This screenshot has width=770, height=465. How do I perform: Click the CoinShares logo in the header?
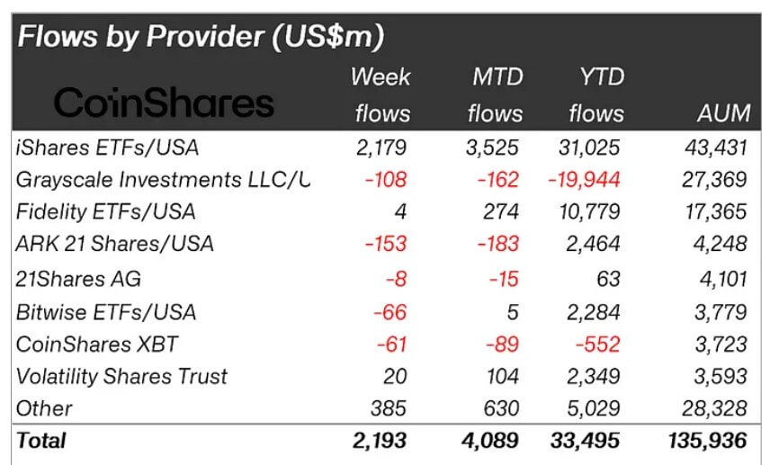164,103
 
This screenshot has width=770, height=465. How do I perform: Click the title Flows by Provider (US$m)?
201,37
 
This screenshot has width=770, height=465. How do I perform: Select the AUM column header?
723,113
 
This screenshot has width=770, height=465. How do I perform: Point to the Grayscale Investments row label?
162,179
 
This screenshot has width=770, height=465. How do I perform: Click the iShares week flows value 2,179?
381,146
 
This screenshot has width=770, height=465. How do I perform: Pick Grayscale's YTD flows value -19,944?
584,179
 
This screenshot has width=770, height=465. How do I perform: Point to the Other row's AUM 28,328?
716,409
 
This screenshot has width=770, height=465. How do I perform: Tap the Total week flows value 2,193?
381,441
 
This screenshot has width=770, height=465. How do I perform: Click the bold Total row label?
41,441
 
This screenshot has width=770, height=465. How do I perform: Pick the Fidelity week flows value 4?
400,212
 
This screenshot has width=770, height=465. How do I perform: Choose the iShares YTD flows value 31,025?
589,146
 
